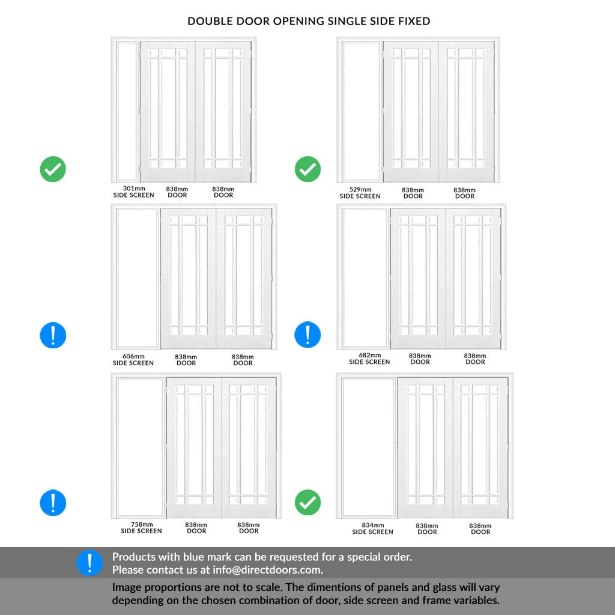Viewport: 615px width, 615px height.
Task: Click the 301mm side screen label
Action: point(134,192)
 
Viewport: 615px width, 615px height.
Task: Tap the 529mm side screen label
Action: point(360,193)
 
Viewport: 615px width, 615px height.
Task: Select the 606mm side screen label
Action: point(133,360)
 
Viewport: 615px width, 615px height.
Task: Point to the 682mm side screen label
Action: point(369,359)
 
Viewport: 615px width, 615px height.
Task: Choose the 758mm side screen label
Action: point(141,527)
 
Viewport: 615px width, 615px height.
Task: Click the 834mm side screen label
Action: point(372,529)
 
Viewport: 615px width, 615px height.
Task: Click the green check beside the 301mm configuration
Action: point(53,169)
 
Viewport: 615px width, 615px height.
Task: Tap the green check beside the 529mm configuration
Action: point(307,169)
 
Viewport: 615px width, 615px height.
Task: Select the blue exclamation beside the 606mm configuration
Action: point(53,335)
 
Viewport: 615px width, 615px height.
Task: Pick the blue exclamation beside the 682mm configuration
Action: point(307,335)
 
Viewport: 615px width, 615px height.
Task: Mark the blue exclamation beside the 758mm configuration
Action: point(53,503)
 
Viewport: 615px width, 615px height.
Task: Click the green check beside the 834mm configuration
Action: point(307,503)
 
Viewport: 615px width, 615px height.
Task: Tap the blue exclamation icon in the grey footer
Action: point(89,563)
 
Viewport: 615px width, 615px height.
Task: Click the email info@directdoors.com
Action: point(267,570)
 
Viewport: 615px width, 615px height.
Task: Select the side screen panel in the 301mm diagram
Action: point(128,112)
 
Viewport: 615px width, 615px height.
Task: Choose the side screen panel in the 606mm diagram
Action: point(138,279)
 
